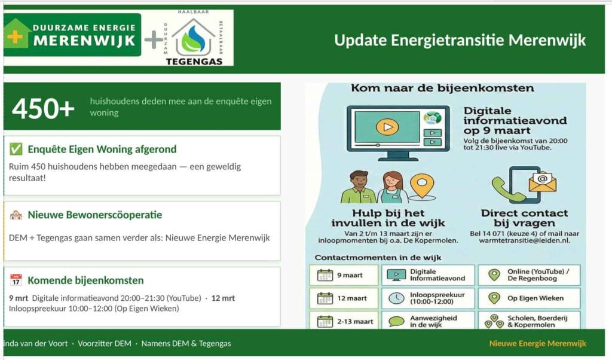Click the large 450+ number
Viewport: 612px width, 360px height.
43,108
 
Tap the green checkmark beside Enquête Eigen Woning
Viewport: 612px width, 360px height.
16,149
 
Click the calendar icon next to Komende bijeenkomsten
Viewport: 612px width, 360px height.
16,280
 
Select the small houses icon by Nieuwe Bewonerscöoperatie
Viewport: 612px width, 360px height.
16,215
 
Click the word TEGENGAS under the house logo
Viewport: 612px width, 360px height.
194,62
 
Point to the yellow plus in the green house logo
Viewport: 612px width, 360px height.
15,36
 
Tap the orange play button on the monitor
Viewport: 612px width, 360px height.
387,127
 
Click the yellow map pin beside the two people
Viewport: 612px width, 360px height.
422,186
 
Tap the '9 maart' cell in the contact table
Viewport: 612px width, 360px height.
344,275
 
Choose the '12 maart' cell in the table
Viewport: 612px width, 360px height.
344,298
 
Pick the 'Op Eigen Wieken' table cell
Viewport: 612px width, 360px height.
529,298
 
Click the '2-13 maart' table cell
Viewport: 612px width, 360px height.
344,321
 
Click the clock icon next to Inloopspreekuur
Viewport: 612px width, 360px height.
396,298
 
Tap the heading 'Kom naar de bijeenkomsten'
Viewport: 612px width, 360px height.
443,88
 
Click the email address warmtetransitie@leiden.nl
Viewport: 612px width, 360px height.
525,240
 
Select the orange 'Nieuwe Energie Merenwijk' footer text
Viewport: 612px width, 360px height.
537,344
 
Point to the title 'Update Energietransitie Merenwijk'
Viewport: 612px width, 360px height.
460,40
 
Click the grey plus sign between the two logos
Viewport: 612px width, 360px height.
154,40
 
